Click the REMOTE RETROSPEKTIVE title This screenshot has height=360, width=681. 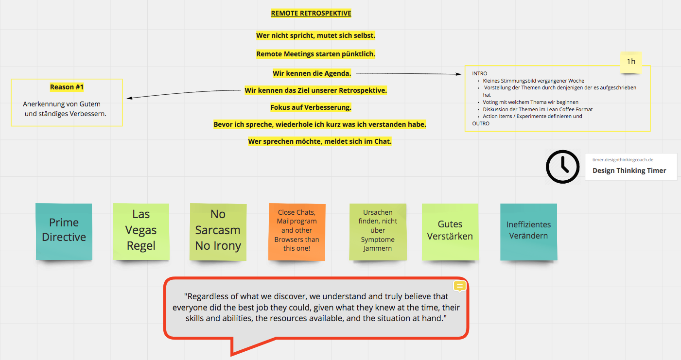[x=311, y=13]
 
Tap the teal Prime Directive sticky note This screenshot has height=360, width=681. [x=64, y=231]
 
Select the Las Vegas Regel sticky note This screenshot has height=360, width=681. [x=141, y=231]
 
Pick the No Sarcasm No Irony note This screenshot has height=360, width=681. [x=218, y=232]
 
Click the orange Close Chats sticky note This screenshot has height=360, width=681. [x=297, y=232]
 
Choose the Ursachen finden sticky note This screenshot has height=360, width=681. [x=378, y=232]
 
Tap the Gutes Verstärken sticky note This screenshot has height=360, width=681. [x=450, y=232]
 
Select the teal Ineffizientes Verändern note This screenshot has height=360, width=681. [x=529, y=232]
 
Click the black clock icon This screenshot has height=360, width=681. [x=563, y=167]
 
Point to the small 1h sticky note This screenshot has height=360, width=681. [x=631, y=63]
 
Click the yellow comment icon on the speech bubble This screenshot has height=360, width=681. [x=460, y=286]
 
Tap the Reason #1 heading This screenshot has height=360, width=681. [x=67, y=87]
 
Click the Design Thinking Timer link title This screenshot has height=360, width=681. [x=629, y=171]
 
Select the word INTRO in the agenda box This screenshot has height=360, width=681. [x=480, y=73]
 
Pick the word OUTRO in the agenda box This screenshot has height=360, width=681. [x=481, y=123]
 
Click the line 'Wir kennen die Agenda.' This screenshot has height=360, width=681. [x=312, y=73]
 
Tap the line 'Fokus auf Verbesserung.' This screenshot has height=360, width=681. [x=311, y=107]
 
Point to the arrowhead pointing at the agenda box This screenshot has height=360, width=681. [x=459, y=74]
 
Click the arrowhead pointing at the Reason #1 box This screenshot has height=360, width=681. [x=129, y=98]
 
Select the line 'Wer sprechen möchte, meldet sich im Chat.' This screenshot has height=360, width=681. [x=320, y=141]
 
